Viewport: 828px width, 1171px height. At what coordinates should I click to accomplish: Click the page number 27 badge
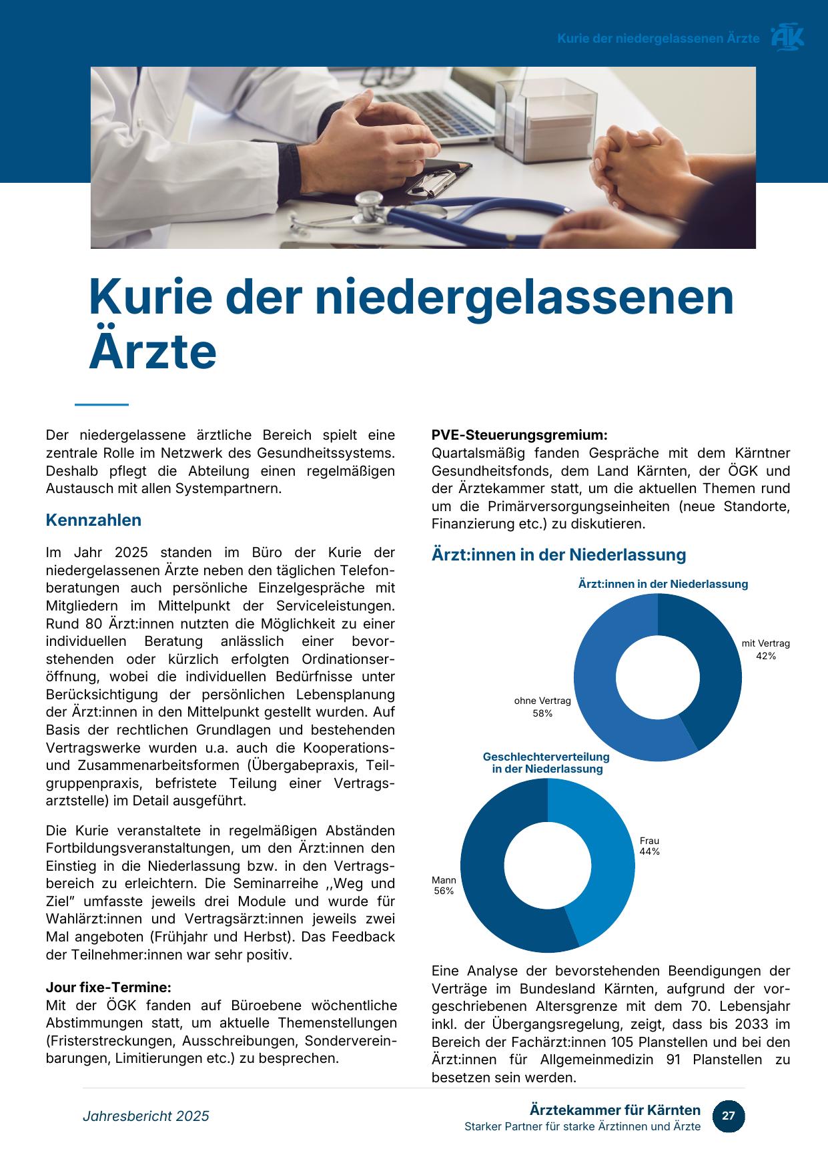point(728,1116)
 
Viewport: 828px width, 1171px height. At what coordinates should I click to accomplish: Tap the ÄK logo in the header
point(787,37)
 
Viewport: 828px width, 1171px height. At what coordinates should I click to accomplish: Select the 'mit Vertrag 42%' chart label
point(765,649)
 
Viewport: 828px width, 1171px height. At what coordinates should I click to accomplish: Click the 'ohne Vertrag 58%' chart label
point(542,707)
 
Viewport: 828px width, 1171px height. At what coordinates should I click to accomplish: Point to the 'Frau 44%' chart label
point(649,846)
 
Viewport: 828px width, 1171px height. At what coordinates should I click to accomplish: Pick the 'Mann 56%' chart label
point(444,885)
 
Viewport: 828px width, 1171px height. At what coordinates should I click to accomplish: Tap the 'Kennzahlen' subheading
point(93,520)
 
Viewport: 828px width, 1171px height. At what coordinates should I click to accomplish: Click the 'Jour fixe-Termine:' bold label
point(108,988)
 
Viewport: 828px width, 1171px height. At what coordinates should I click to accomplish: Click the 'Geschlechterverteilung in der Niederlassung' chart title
point(546,763)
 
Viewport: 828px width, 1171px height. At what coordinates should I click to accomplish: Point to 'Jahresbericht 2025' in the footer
point(146,1116)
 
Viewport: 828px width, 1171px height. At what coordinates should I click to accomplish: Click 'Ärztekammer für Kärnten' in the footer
point(615,1110)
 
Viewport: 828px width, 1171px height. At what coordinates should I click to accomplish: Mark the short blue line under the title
point(101,404)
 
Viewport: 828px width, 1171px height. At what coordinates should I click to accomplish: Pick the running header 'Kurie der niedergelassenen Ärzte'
point(658,38)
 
